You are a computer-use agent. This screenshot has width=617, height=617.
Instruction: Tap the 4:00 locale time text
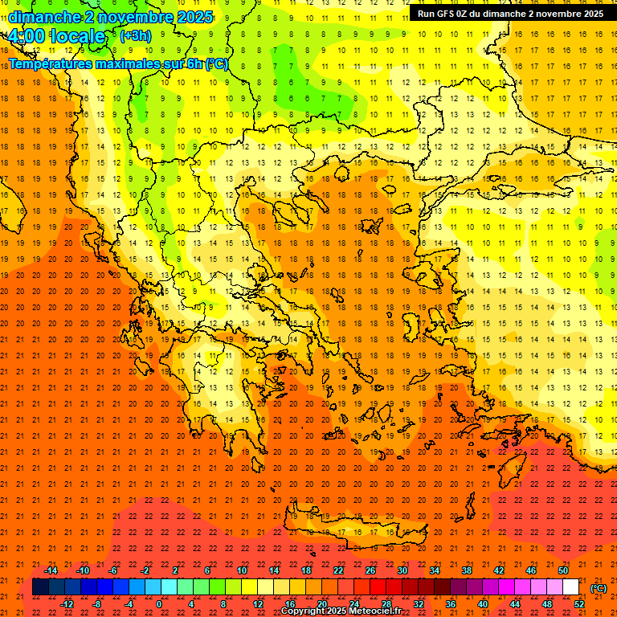coord(56,36)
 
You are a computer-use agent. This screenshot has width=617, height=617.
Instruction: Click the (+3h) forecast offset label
coord(134,36)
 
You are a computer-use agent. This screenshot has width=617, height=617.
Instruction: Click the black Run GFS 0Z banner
coord(510,13)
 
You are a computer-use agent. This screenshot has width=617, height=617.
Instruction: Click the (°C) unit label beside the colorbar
coord(599,588)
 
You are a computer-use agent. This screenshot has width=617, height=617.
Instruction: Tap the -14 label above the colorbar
coord(51,570)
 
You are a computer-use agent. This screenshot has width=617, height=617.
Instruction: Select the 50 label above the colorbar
coord(563,570)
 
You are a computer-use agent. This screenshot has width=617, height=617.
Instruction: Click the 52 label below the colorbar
coord(579,604)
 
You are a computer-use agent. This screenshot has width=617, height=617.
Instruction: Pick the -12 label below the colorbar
coord(67,604)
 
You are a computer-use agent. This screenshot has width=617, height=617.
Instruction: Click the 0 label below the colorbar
coord(159,604)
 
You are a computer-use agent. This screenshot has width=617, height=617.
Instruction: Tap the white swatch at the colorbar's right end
coord(571,587)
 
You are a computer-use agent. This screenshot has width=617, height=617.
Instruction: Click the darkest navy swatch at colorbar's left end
coord(40,587)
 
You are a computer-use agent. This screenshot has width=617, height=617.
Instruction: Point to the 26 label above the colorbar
coord(370,570)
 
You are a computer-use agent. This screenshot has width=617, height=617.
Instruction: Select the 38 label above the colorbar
coord(467,570)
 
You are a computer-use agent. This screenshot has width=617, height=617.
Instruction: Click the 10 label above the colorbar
coord(241,570)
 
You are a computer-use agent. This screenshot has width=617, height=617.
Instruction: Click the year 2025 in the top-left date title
coord(194,16)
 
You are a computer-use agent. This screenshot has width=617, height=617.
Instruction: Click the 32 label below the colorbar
coord(419,604)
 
